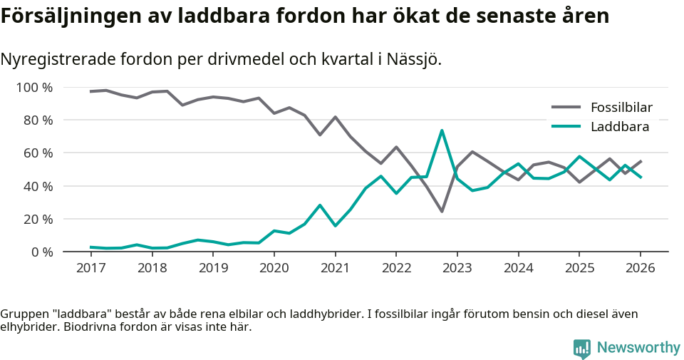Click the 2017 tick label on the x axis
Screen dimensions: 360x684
90,268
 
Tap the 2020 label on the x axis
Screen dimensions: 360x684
274,268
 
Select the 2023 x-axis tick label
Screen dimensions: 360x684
457,268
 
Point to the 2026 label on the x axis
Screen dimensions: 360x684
640,268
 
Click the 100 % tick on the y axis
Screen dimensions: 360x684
34,88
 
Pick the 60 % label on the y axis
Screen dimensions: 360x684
38,153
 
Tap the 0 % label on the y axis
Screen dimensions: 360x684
41,252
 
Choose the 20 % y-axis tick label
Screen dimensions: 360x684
38,219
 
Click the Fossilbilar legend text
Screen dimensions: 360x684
621,108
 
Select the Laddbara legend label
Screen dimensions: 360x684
619,127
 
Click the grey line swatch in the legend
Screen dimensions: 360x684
566,108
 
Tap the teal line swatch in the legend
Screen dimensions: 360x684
566,127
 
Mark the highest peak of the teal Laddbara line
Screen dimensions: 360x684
442,130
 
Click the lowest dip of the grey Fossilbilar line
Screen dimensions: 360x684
442,211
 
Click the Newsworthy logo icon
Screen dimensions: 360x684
582,348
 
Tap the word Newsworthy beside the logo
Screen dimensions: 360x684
638,348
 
